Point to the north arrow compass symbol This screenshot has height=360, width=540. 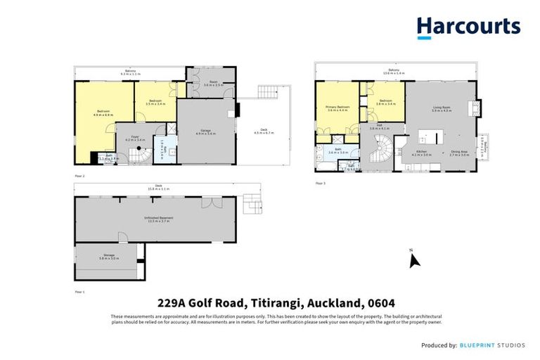point(414,260)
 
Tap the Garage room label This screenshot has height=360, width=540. point(205,132)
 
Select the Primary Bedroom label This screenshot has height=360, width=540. point(337,109)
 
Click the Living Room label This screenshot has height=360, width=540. point(441,109)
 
